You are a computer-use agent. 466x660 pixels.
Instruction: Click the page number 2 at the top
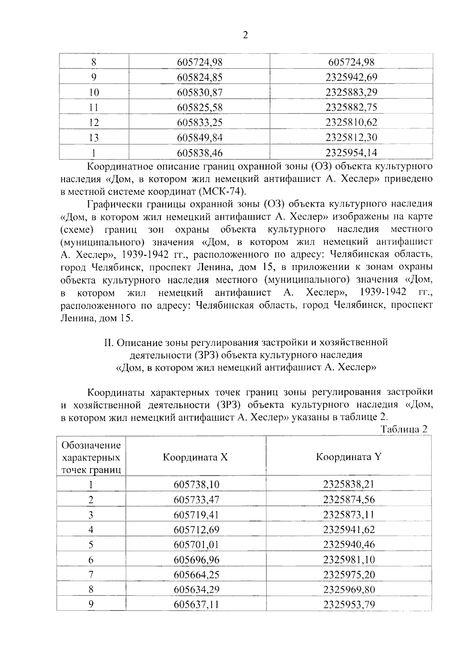[245, 35]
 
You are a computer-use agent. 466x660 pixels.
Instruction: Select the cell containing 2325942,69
[351, 77]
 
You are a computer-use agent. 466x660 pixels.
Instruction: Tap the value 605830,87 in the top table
[200, 93]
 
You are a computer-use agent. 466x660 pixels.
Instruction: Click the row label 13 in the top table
[94, 138]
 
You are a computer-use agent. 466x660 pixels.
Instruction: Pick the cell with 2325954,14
[351, 153]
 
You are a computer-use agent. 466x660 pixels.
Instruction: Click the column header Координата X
[195, 457]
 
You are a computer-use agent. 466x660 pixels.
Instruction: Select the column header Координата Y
[349, 457]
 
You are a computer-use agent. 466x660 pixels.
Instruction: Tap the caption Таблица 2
[404, 429]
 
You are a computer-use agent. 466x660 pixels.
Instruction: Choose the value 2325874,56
[349, 499]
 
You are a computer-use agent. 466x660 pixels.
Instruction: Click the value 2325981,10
[349, 560]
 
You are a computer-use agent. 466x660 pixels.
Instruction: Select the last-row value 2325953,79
[349, 605]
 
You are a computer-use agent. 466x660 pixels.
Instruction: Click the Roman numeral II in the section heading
[108, 342]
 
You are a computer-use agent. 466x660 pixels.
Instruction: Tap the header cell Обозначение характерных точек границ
[91, 457]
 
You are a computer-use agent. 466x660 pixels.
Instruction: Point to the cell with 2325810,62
[351, 123]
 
